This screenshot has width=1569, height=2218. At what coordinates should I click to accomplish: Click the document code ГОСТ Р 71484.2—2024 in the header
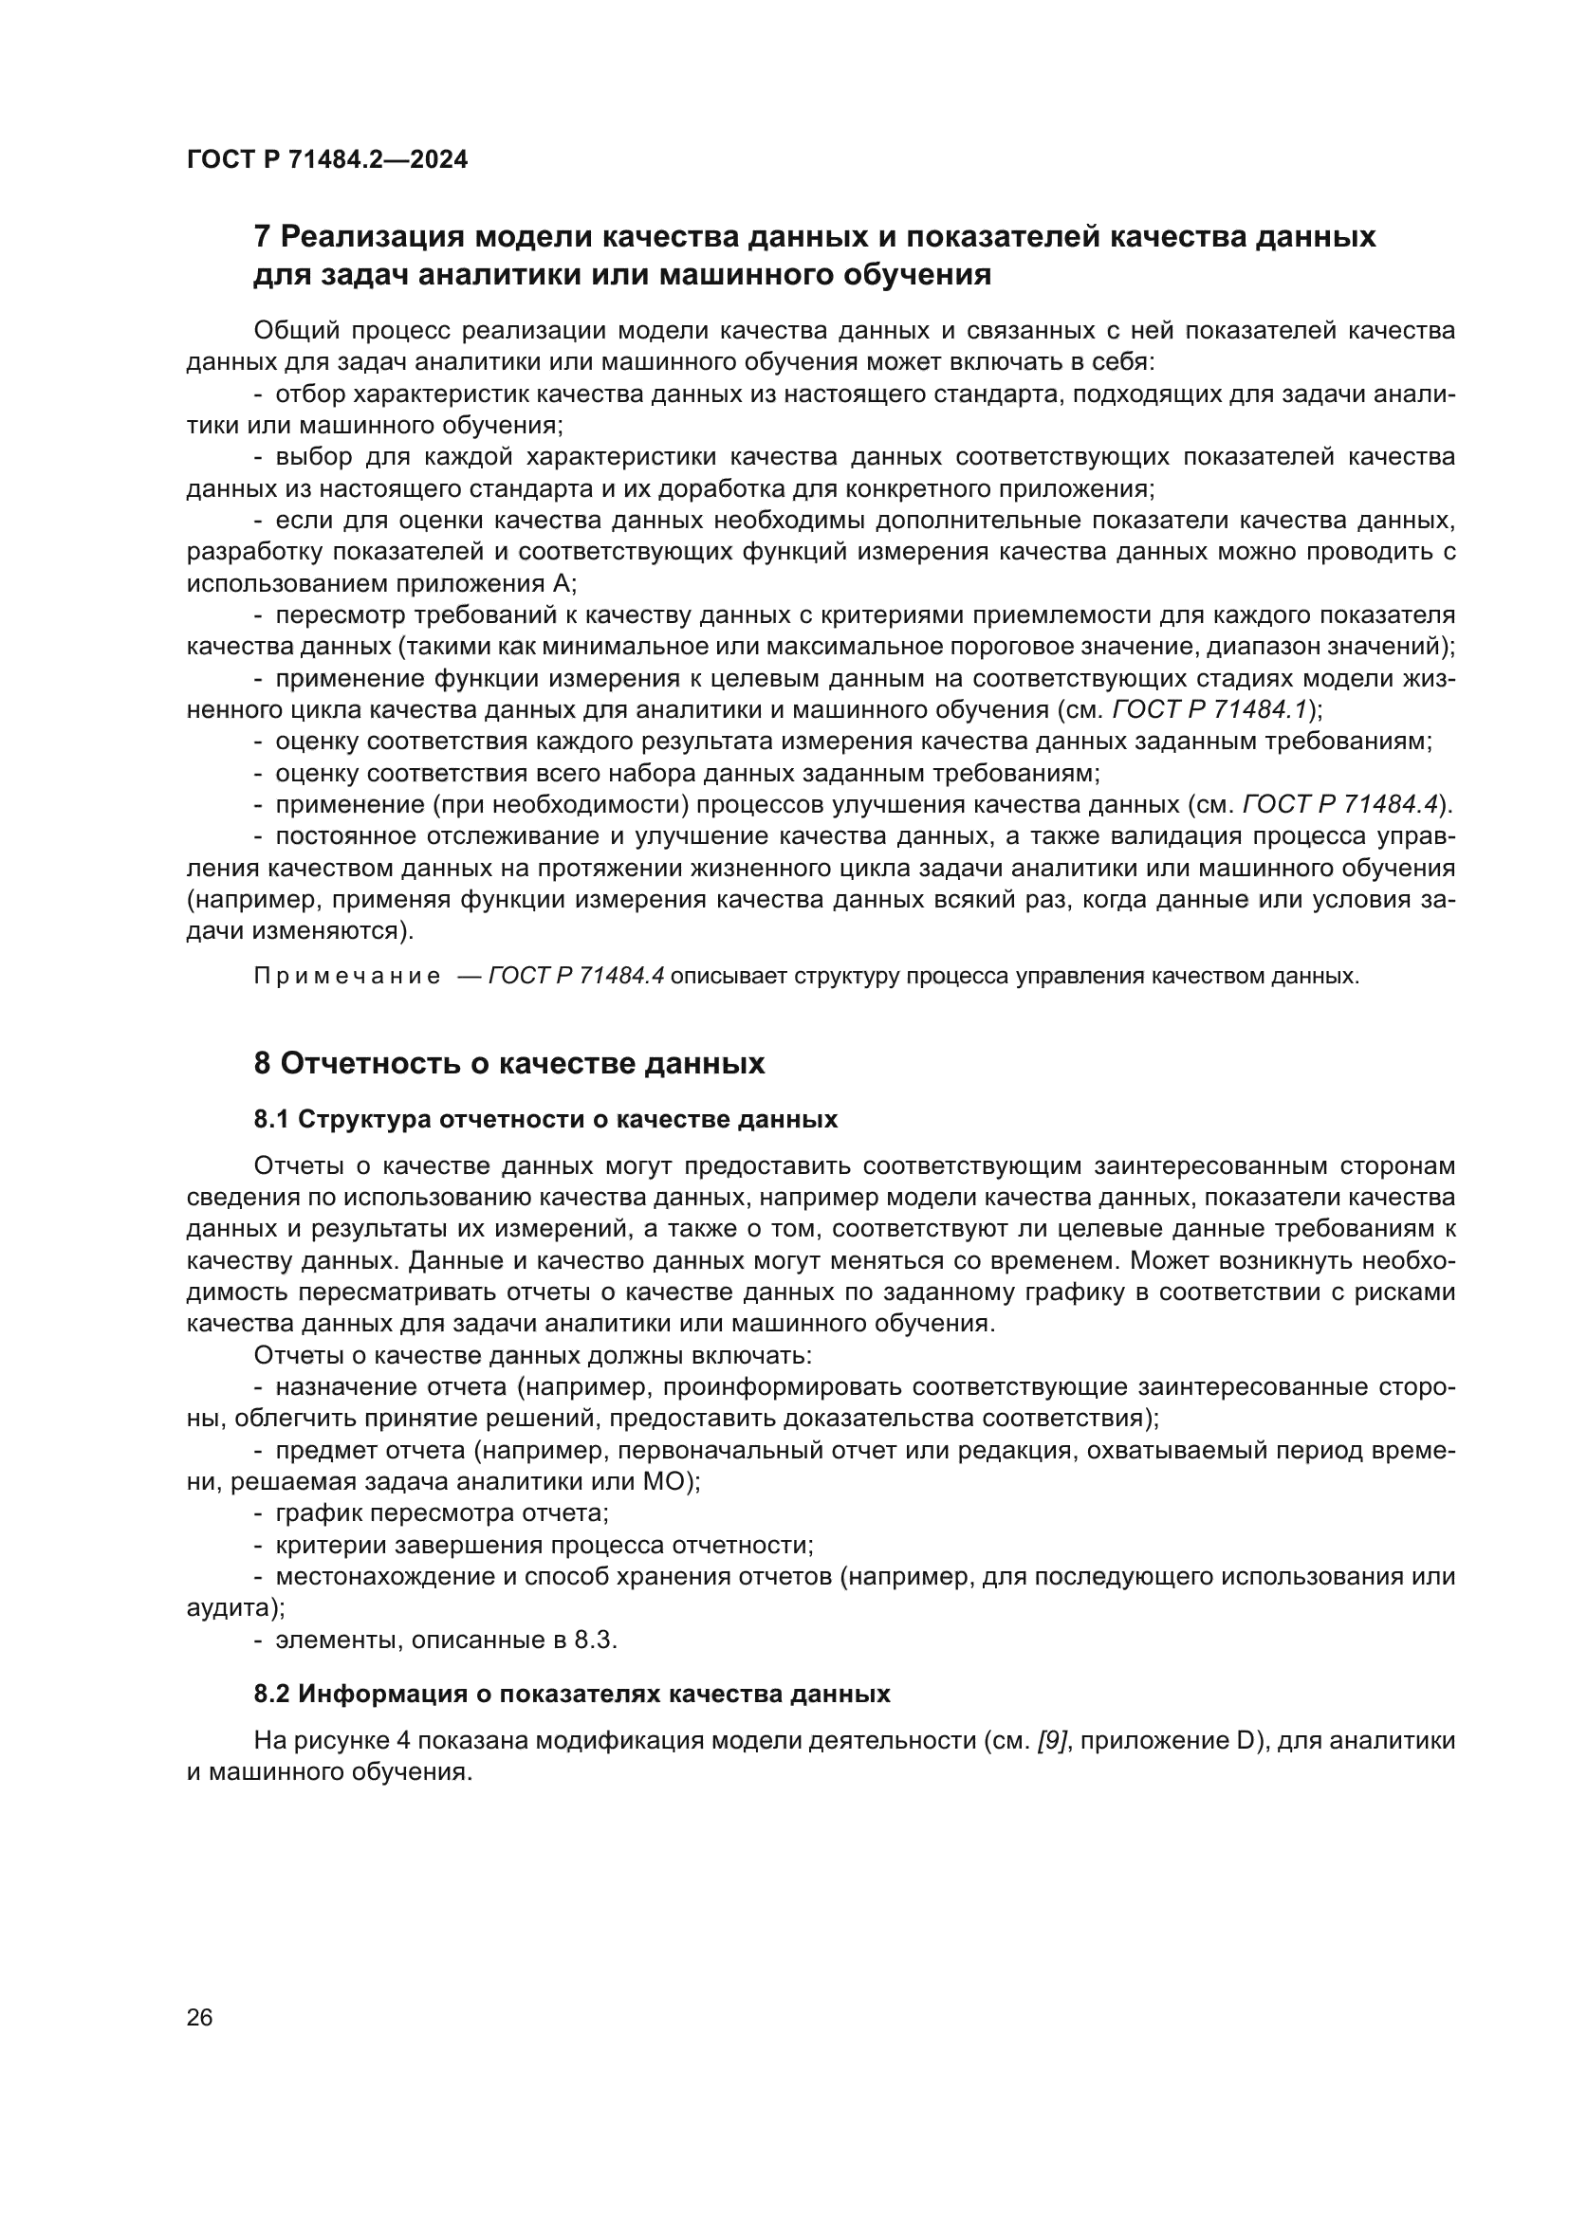pos(326,160)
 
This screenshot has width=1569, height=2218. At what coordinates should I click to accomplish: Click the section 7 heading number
pos(261,237)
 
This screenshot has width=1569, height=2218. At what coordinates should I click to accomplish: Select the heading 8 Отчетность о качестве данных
pos(509,1064)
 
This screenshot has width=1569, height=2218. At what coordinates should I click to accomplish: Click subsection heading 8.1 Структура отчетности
pos(545,1120)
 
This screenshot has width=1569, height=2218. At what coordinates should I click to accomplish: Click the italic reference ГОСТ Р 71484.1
pos(1209,710)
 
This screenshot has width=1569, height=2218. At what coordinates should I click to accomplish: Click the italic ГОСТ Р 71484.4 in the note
pos(577,976)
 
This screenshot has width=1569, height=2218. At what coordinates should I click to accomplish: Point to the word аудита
pos(230,1608)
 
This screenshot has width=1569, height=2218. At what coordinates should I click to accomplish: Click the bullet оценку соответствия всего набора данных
pos(687,773)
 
